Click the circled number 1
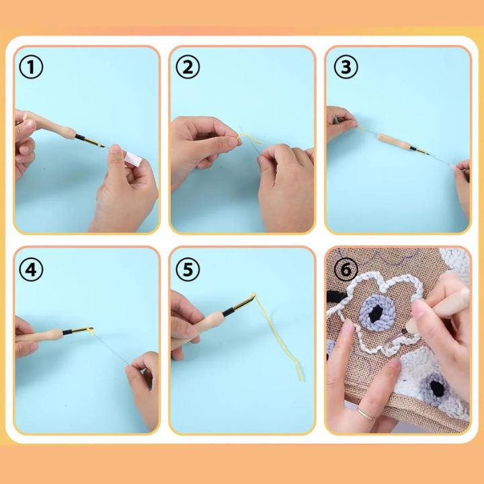[x=31, y=67]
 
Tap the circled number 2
[x=188, y=67]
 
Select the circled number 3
[x=345, y=67]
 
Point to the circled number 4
[x=31, y=269]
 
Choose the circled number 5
[x=188, y=269]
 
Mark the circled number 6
[x=345, y=269]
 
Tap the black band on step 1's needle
[x=83, y=138]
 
